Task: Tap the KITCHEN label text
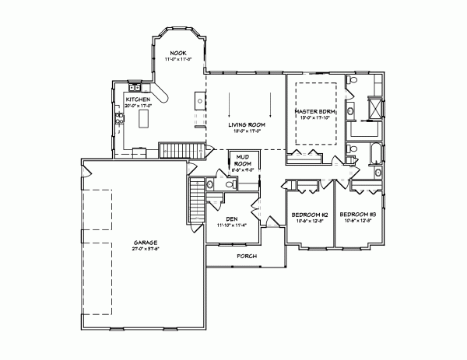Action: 138,100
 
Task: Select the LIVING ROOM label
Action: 247,124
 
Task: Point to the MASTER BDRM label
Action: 314,112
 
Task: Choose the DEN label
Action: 231,219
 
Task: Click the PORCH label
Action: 247,256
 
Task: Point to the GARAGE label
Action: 145,243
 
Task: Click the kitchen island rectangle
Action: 143,119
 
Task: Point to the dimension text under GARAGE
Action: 145,250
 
